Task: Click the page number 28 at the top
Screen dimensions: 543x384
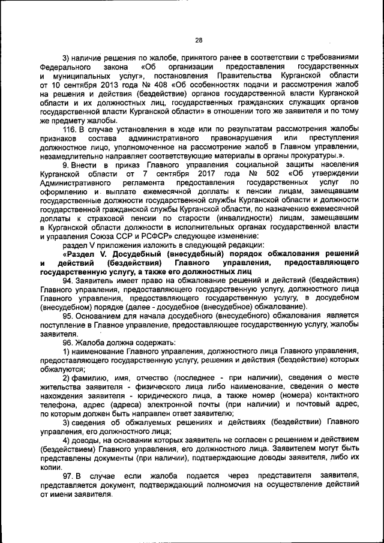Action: pyautogui.click(x=199, y=40)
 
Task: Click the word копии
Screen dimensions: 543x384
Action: pyautogui.click(x=51, y=466)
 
